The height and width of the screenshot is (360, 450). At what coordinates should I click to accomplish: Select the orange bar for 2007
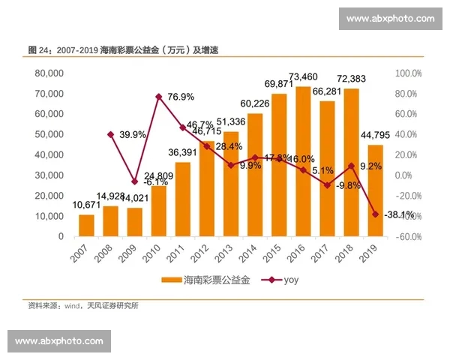86,225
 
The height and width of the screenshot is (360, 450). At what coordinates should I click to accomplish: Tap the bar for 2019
376,190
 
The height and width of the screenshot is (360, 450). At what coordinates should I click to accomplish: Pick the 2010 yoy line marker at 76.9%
159,97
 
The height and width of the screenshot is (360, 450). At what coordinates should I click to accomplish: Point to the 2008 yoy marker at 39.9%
111,134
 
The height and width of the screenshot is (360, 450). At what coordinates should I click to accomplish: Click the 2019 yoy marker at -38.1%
376,214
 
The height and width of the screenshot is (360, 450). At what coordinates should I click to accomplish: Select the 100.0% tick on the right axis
409,73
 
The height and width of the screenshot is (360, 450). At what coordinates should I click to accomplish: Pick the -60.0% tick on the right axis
409,236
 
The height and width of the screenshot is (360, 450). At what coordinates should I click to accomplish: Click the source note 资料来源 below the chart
82,306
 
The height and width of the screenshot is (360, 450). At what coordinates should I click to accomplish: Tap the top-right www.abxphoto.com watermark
390,19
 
